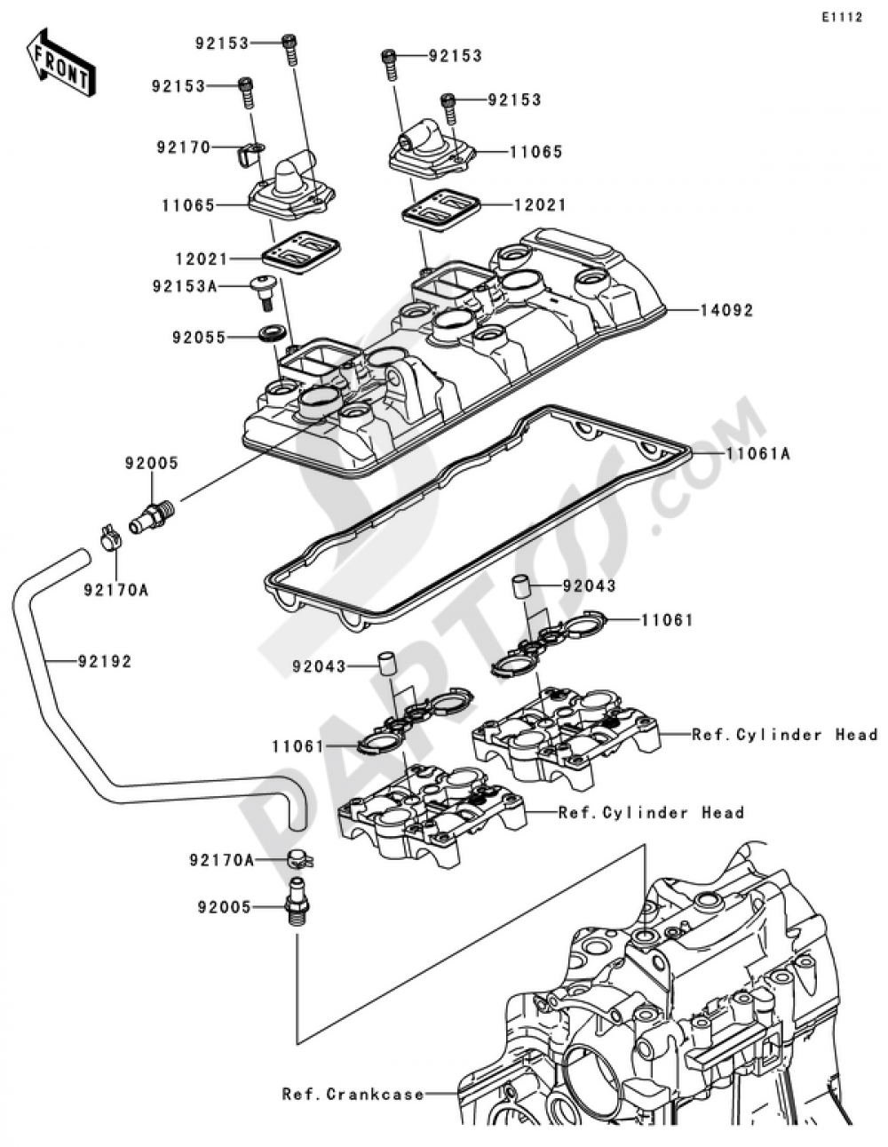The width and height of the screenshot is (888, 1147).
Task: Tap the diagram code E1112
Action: (x=840, y=18)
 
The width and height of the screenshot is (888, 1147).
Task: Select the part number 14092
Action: (x=726, y=311)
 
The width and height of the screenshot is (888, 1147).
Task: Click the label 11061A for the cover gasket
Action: (x=757, y=454)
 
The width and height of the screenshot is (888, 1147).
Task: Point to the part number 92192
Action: (x=104, y=661)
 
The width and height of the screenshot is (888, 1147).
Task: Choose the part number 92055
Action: (x=199, y=338)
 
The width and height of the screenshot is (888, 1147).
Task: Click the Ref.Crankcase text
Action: (x=353, y=1094)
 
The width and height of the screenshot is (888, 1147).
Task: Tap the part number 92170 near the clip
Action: (x=183, y=147)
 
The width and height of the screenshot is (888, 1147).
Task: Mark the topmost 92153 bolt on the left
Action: (x=289, y=47)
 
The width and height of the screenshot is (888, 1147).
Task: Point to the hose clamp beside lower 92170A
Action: (x=299, y=859)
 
